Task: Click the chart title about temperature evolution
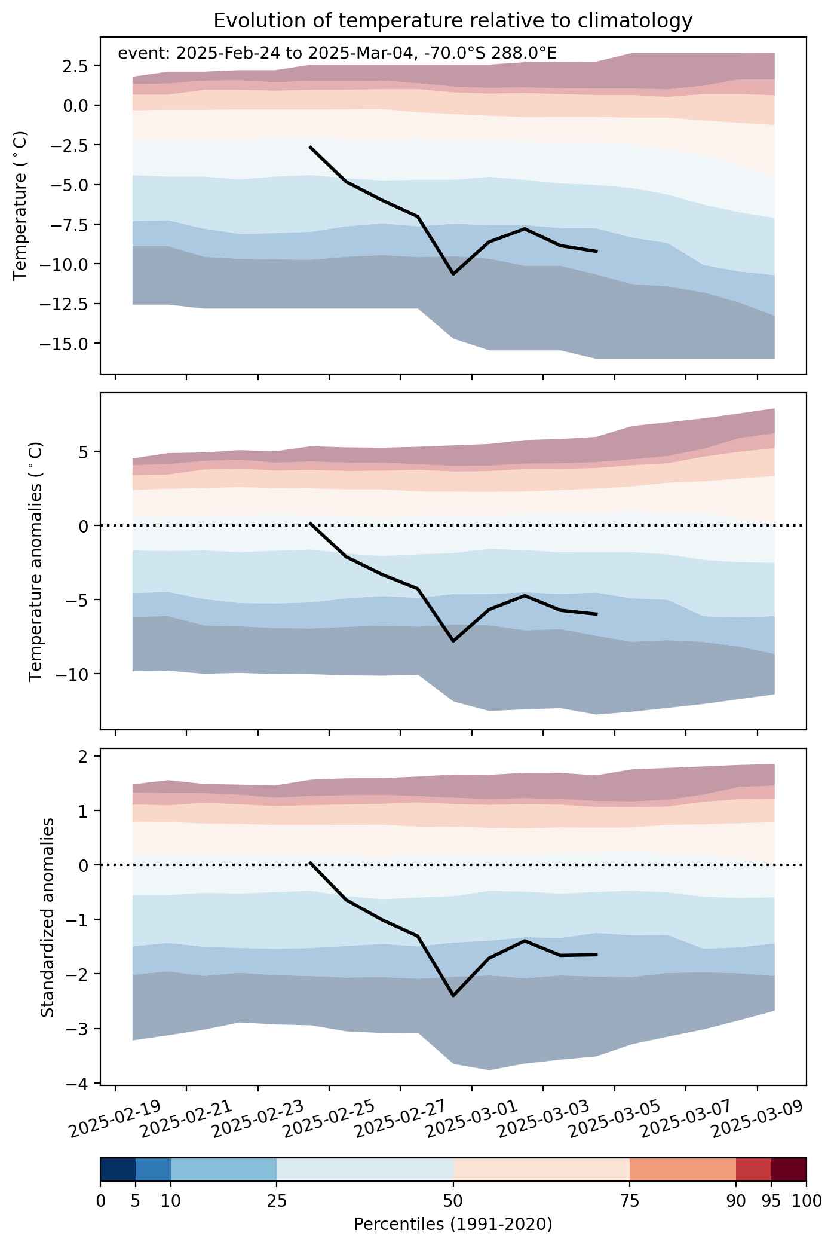click(453, 21)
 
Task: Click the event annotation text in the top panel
click(338, 54)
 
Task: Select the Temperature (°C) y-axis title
click(20, 206)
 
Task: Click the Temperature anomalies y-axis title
click(36, 561)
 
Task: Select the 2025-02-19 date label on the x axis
click(115, 1116)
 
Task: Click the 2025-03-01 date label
click(471, 1116)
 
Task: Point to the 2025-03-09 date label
click(757, 1116)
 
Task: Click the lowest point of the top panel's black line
click(453, 274)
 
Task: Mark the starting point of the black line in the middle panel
click(310, 523)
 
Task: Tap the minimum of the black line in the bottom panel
click(453, 996)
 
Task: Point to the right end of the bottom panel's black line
click(597, 955)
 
